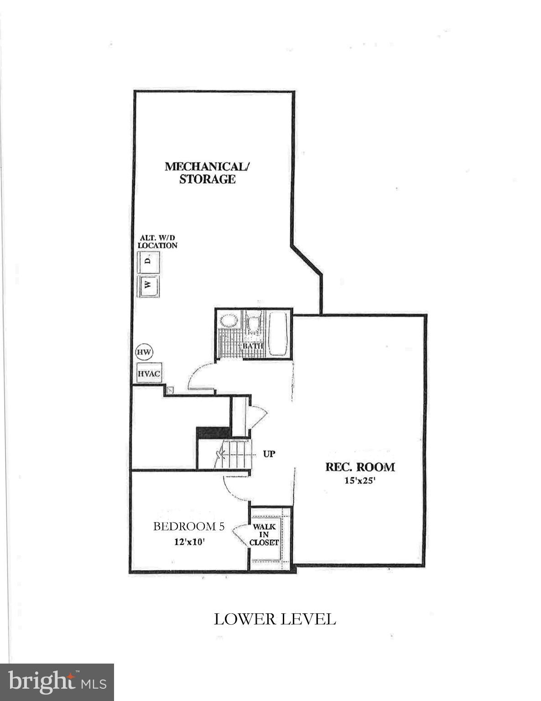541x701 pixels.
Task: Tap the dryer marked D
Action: (x=148, y=261)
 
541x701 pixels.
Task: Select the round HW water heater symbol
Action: (x=144, y=352)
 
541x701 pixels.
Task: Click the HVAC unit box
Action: (x=149, y=373)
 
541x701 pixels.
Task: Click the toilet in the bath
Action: (x=253, y=324)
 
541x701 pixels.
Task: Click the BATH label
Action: (x=253, y=346)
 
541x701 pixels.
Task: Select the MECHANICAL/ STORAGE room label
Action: (x=207, y=172)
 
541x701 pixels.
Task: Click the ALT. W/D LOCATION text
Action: (x=157, y=241)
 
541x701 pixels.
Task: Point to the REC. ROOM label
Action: (x=359, y=467)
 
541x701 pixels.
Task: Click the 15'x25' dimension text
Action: (x=359, y=480)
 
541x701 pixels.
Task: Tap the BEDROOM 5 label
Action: (x=188, y=526)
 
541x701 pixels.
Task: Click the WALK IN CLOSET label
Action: (x=264, y=534)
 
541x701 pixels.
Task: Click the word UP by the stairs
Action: (x=269, y=454)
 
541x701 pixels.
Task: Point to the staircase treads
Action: (x=233, y=454)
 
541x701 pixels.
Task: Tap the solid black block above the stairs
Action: (x=213, y=432)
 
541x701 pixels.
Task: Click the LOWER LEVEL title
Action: (x=275, y=619)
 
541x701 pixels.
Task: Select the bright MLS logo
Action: (x=57, y=682)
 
